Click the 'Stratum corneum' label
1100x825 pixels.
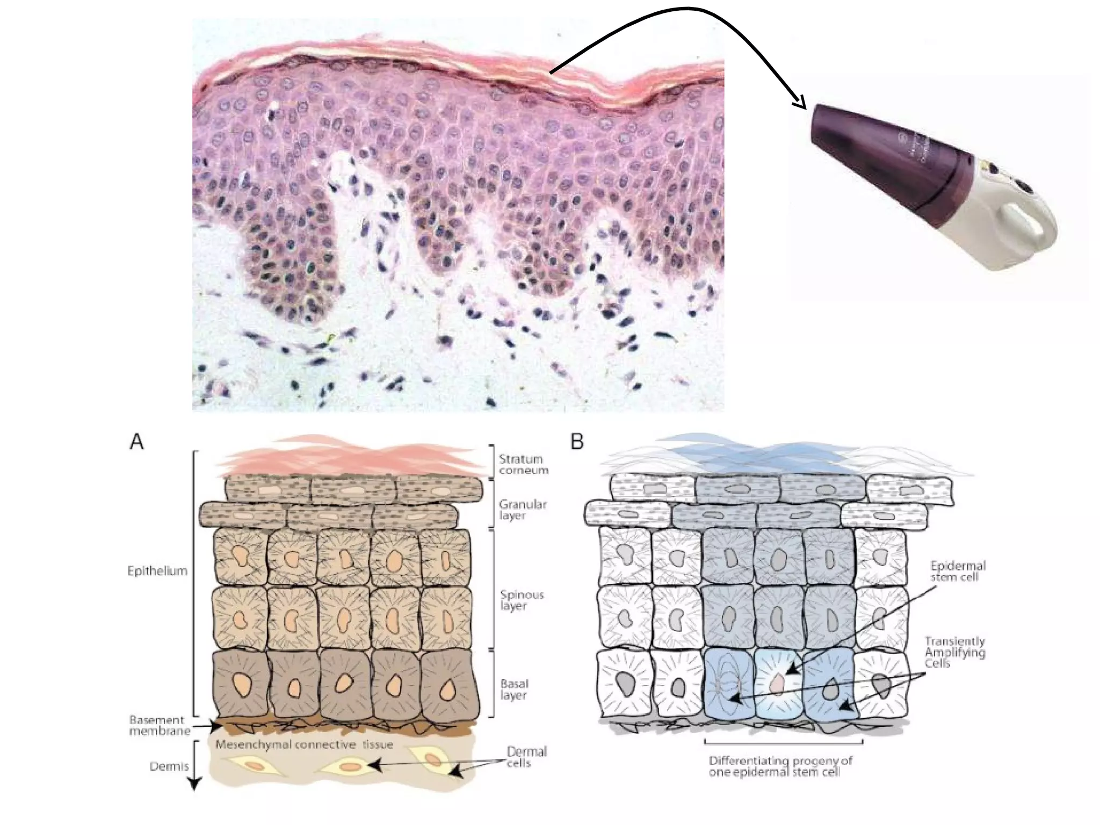click(x=523, y=465)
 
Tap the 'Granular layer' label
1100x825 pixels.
click(x=522, y=510)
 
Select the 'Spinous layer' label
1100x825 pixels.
click(x=522, y=600)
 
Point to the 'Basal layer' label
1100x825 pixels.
click(x=514, y=689)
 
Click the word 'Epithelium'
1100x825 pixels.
click(x=157, y=571)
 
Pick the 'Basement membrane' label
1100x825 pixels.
click(x=160, y=725)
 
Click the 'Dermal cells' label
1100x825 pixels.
click(x=526, y=757)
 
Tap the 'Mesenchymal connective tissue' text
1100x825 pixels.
click(x=304, y=745)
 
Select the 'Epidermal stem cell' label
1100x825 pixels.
click(x=958, y=571)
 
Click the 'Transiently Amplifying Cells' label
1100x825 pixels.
click(x=954, y=652)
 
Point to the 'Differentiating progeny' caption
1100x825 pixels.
click(x=780, y=766)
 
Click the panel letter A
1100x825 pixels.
click(x=137, y=442)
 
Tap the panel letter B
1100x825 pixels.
click(x=577, y=442)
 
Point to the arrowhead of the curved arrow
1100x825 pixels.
click(x=800, y=103)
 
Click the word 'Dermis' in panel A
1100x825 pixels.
click(x=169, y=766)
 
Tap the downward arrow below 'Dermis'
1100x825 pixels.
click(x=194, y=781)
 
